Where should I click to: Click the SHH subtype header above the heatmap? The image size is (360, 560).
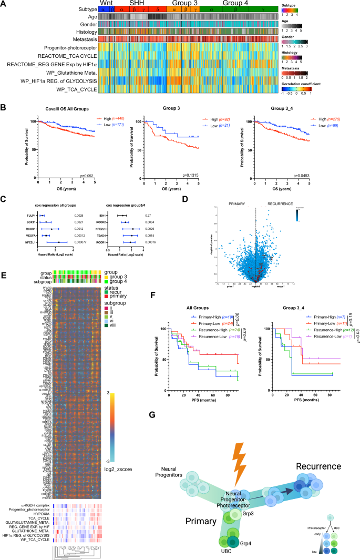pos(136,3)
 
